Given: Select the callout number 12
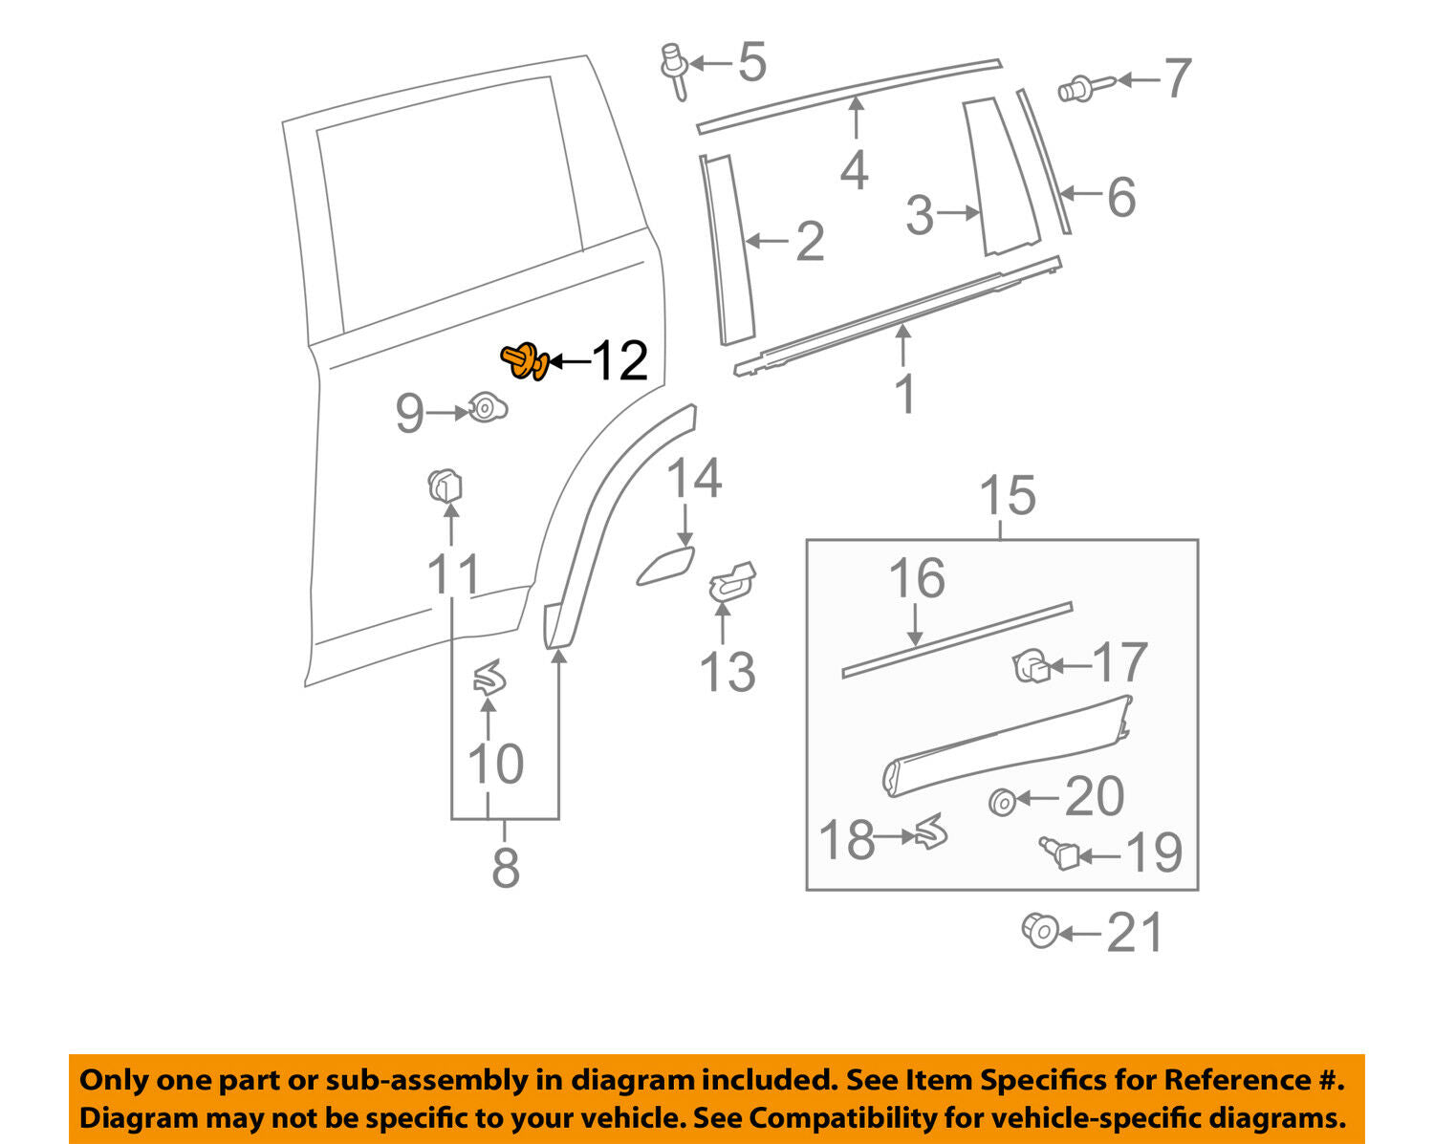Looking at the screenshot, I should tap(620, 361).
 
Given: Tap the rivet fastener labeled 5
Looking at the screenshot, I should tap(675, 69).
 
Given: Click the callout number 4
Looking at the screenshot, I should tap(854, 170).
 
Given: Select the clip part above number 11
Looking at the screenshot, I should tap(445, 486).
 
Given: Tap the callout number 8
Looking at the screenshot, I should tap(505, 867).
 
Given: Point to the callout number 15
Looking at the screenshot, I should tap(1008, 496).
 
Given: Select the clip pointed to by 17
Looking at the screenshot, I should tap(1031, 665).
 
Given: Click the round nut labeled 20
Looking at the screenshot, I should tap(1001, 801).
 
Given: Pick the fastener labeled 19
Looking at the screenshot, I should tap(1056, 851).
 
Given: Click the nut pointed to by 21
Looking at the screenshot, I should tap(1039, 930).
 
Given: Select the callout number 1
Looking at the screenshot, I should tap(904, 394).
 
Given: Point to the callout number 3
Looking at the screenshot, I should tap(919, 215).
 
